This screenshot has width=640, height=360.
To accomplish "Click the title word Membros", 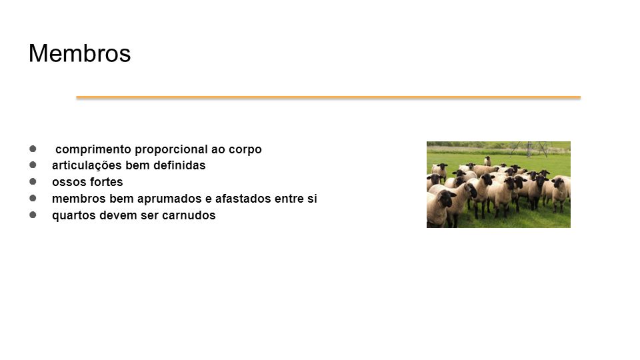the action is (79, 53).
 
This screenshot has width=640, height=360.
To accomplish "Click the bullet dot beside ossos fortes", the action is (33, 181).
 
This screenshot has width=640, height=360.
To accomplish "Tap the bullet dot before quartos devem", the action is (33, 215).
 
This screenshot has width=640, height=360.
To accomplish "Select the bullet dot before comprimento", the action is (33, 149).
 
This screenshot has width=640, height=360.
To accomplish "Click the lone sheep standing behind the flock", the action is (487, 161).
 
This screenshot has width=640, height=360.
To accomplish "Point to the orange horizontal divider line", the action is (328, 97).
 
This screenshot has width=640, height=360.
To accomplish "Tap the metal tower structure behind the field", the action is (529, 149).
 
